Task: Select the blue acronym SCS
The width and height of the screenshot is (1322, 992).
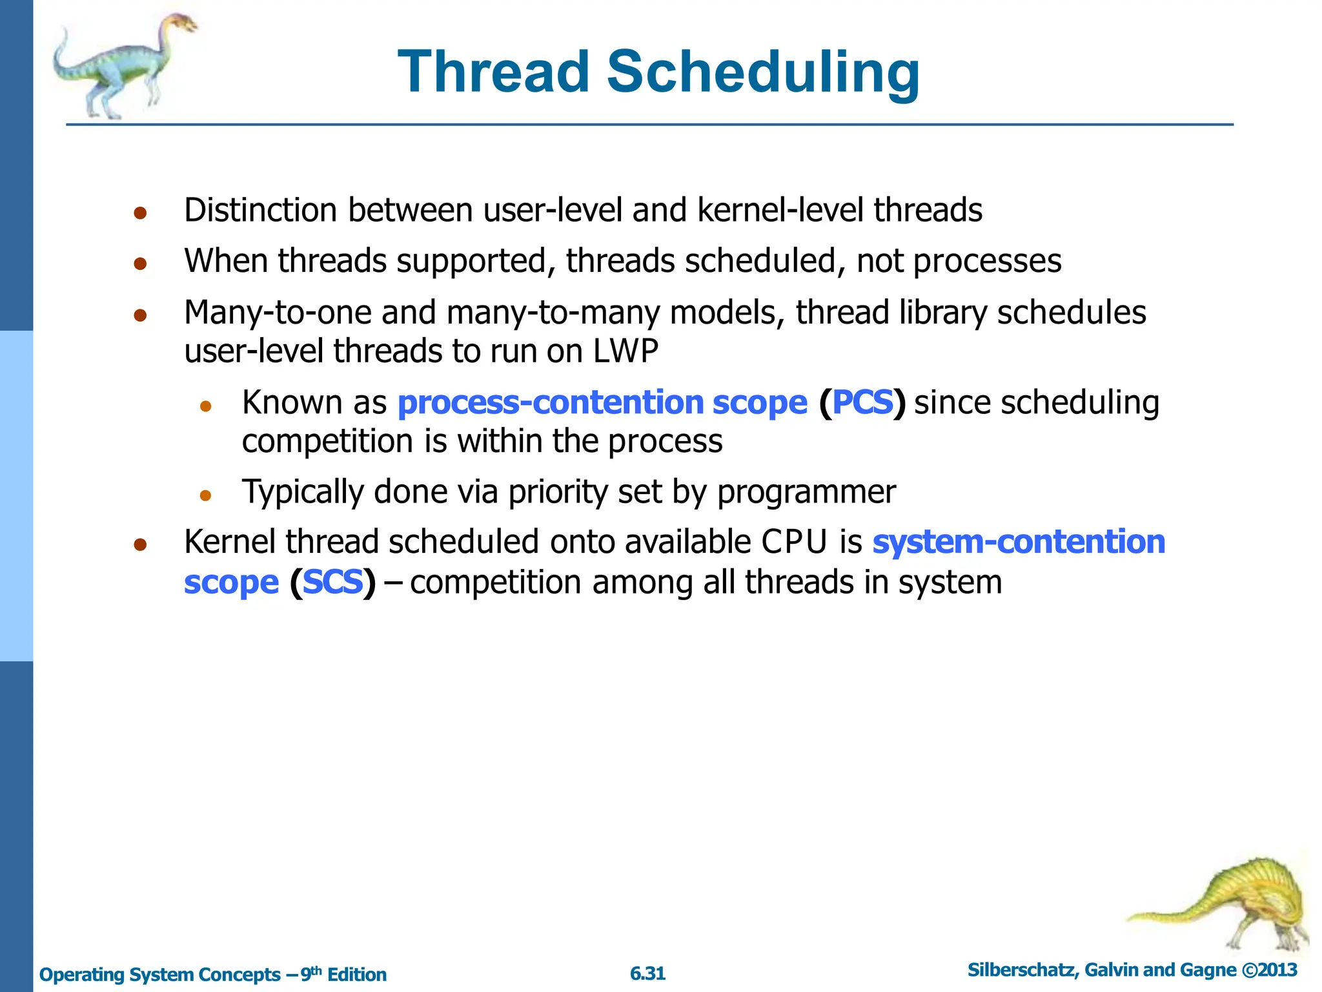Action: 332,582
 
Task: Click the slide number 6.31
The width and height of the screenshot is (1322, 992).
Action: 647,973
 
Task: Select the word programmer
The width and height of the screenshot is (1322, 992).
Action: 806,492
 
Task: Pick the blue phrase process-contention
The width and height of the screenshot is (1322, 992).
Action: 551,402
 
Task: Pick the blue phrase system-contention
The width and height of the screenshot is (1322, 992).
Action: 1019,542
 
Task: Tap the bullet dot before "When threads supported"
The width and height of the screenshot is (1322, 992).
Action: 141,263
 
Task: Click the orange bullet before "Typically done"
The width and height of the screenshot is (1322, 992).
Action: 205,495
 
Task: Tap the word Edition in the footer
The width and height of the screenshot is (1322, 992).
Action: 356,975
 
